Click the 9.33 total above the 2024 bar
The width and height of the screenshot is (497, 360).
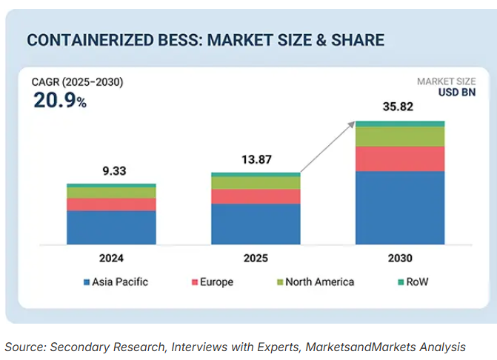click(111, 171)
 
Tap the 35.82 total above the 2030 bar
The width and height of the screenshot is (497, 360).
click(400, 107)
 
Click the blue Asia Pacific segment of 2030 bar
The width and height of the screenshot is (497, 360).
click(400, 207)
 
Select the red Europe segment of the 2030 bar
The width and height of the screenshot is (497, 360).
click(400, 159)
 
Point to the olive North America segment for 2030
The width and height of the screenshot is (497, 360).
click(400, 136)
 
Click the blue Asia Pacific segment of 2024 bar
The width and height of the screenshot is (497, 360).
click(111, 227)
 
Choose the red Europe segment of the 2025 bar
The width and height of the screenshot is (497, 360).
click(256, 196)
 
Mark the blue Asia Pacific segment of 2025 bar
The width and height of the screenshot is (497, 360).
click(256, 224)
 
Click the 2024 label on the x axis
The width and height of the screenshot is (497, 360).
click(111, 259)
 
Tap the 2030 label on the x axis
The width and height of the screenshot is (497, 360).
click(400, 259)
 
